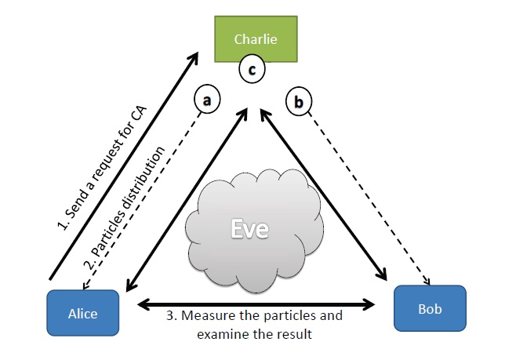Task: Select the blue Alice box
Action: click(82, 313)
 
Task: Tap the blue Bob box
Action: click(429, 308)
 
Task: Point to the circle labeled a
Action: click(206, 100)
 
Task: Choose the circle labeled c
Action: click(252, 69)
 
